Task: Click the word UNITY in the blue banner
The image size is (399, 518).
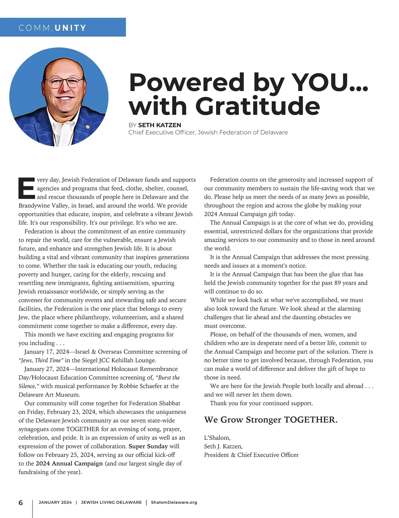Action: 70,28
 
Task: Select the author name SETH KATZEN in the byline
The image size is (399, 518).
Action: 159,125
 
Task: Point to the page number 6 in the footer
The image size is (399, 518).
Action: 21,503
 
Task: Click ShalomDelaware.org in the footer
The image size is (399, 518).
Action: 174,502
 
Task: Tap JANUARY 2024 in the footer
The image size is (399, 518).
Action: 55,502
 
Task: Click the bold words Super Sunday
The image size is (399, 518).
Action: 148,446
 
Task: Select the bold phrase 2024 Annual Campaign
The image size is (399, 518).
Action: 69,463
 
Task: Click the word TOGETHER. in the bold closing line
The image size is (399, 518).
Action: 311,420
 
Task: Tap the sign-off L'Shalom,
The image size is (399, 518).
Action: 217,438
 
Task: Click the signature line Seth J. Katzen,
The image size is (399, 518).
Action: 223,446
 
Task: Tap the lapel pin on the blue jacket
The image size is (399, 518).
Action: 87,127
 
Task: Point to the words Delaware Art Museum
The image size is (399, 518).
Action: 49,395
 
